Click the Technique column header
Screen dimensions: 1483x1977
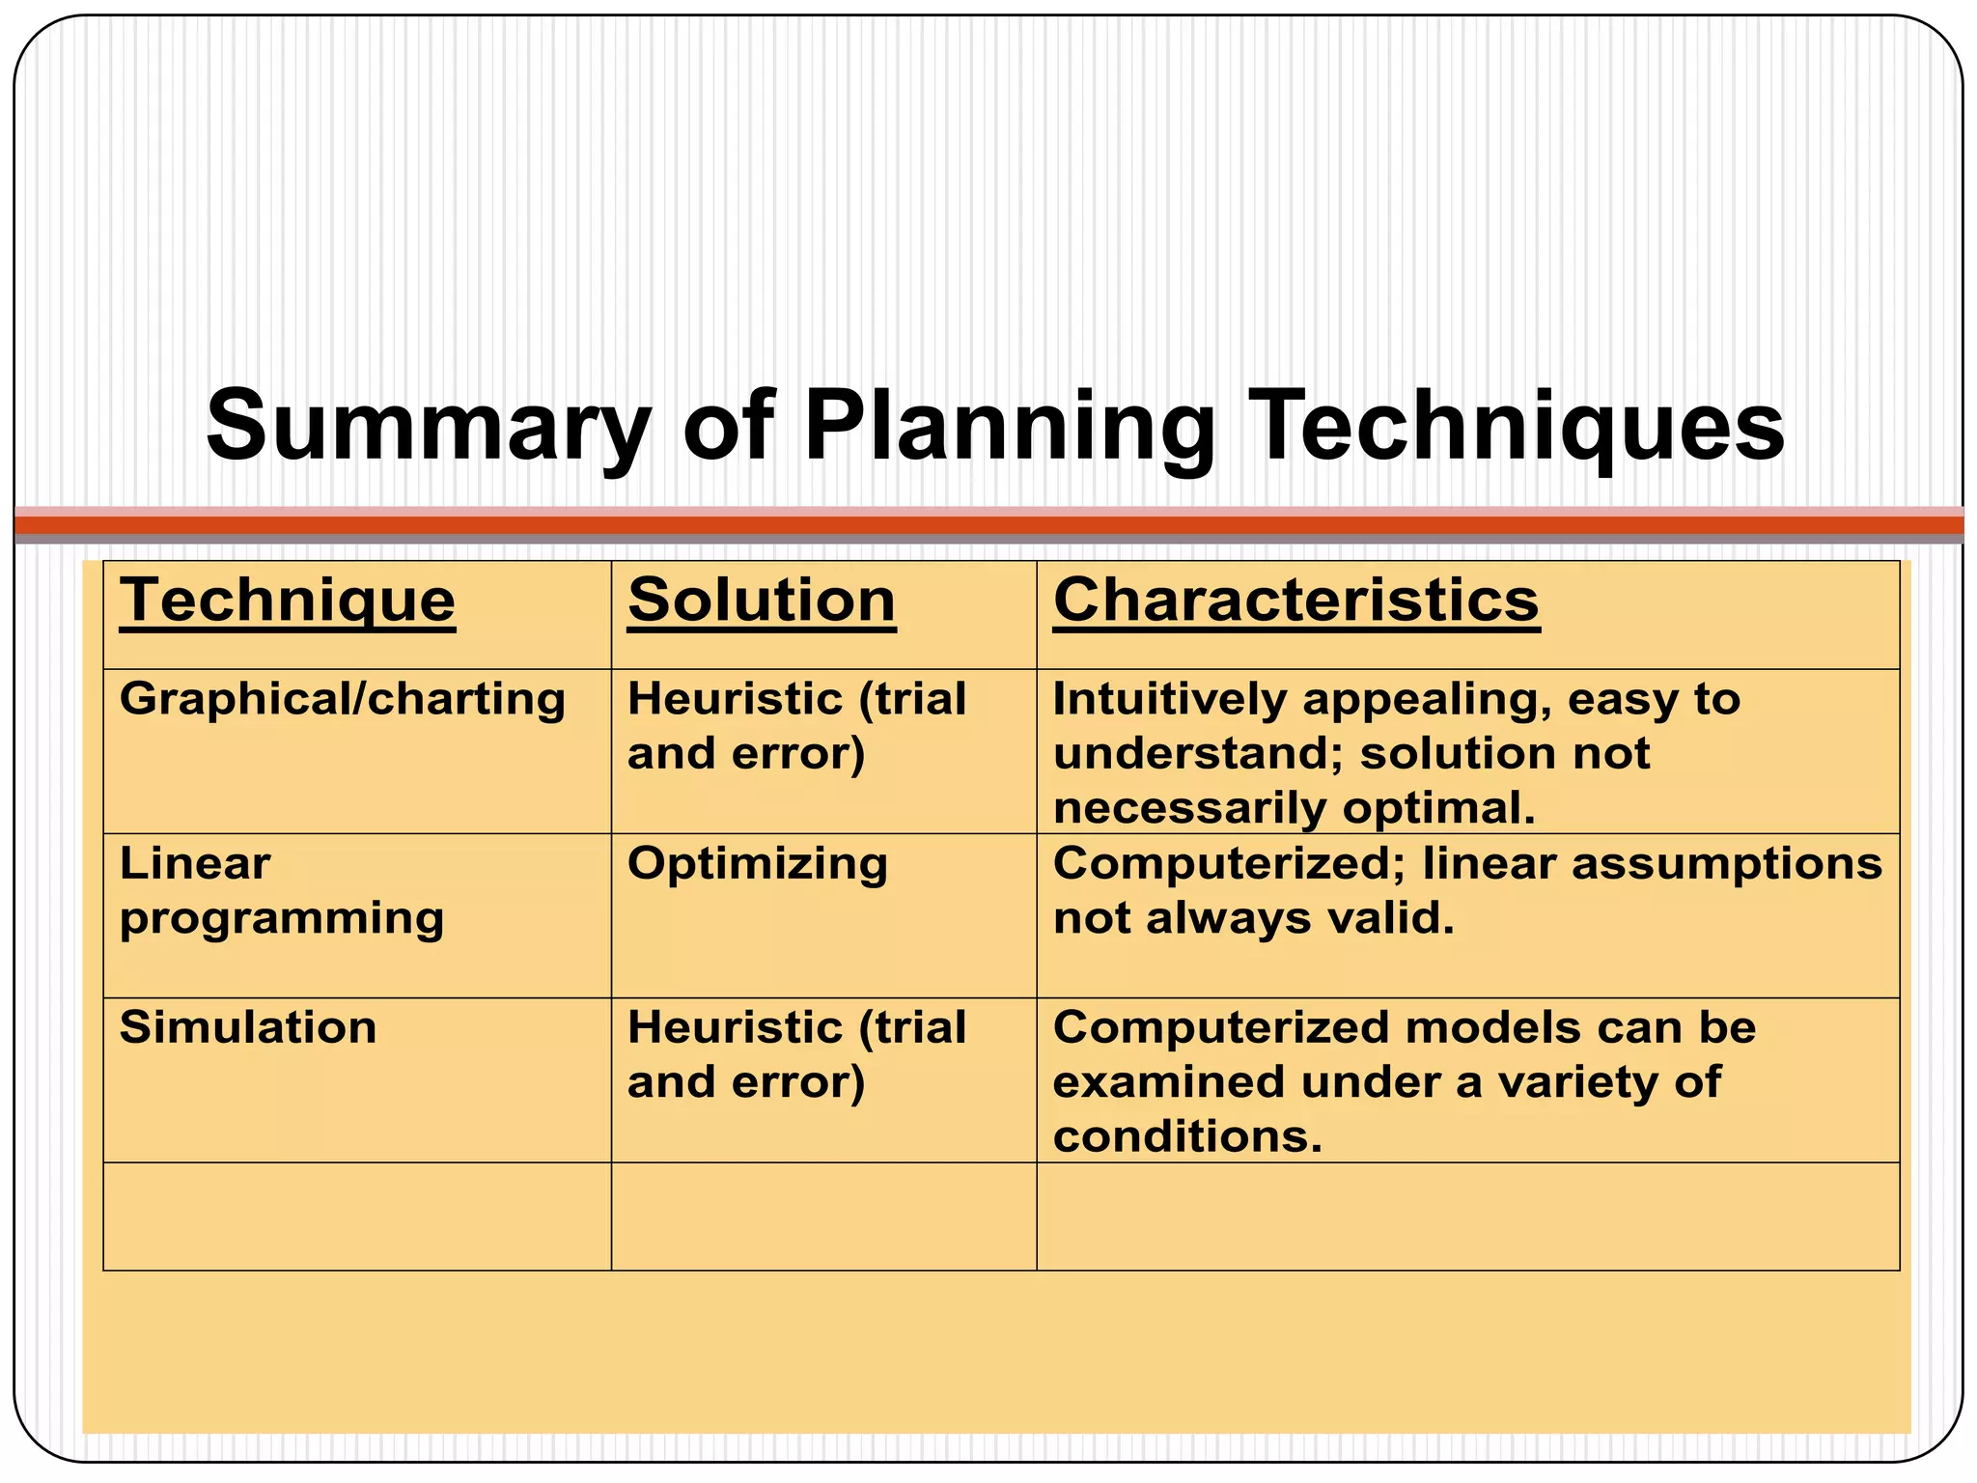point(288,601)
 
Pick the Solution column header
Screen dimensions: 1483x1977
point(762,601)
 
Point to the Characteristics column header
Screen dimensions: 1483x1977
point(1295,601)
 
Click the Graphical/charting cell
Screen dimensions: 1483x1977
point(342,699)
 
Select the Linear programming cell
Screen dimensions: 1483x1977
point(281,890)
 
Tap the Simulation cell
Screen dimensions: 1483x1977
point(248,1027)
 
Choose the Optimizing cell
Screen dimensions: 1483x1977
point(758,864)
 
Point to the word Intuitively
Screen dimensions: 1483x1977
point(1169,699)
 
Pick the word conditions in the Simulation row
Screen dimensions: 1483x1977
point(1186,1136)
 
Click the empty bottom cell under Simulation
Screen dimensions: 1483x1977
point(357,1217)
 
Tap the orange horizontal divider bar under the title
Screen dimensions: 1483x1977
point(988,525)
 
